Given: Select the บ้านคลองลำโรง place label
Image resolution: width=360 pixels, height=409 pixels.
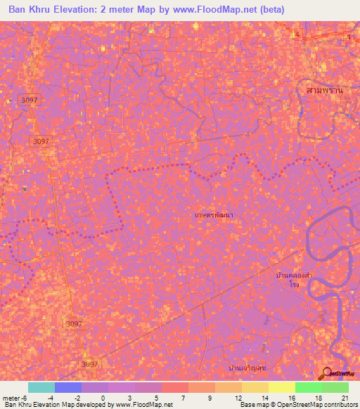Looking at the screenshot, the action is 294,281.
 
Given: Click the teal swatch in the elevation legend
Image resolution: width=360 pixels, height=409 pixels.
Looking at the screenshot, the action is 41,387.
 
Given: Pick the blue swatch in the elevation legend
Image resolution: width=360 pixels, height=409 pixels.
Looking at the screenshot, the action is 68,387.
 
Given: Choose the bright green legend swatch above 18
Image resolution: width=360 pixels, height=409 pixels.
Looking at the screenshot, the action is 308,387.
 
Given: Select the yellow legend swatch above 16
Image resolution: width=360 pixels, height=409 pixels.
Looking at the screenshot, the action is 281,387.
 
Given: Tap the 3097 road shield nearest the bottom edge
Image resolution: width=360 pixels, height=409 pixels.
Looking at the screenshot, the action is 90,364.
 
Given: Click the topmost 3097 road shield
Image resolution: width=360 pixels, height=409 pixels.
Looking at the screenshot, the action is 30,100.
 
